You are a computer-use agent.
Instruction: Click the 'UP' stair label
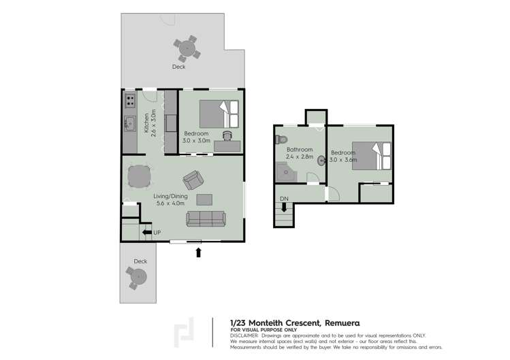pyautogui.click(x=157, y=233)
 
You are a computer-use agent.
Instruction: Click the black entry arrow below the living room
pyautogui.click(x=198, y=252)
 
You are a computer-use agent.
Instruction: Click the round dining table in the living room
pyautogui.click(x=139, y=177)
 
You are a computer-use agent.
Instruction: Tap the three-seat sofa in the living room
pyautogui.click(x=206, y=218)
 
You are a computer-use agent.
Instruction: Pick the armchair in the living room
pyautogui.click(x=193, y=180)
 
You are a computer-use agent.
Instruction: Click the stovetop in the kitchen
pyautogui.click(x=129, y=102)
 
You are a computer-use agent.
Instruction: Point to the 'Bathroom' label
pyautogui.click(x=299, y=150)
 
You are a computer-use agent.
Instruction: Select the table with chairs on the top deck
pyautogui.click(x=186, y=48)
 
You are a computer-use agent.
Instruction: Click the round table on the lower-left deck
pyautogui.click(x=138, y=277)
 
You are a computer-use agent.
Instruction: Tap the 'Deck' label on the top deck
pyautogui.click(x=178, y=67)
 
